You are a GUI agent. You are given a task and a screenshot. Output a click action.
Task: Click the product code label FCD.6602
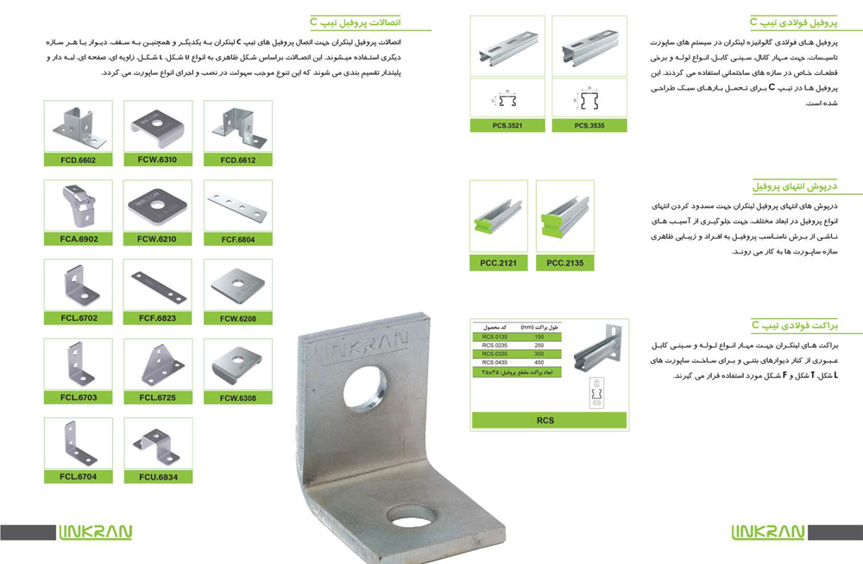pos(79,160)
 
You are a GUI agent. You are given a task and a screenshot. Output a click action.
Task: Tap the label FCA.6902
pos(79,239)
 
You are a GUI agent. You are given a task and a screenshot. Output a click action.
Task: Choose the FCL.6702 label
pos(79,318)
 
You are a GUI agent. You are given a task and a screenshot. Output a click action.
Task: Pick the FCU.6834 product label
pos(156,477)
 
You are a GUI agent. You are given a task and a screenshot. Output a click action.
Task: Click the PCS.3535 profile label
pos(588,126)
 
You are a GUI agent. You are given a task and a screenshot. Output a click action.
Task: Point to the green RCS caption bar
pos(545,421)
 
